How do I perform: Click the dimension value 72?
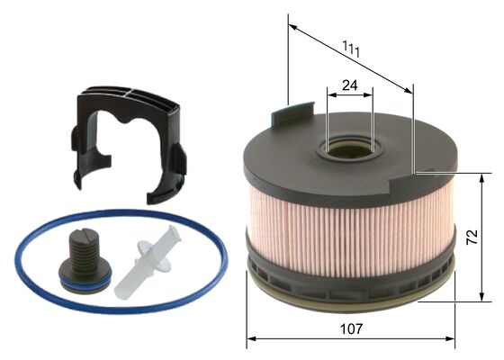click(x=471, y=238)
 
